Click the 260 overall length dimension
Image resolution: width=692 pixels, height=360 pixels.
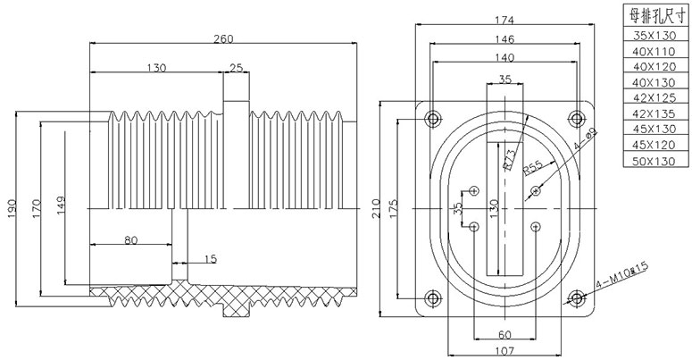(x=223, y=38)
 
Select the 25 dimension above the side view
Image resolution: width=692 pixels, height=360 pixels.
(x=236, y=68)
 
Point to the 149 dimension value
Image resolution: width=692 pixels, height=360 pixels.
(x=57, y=208)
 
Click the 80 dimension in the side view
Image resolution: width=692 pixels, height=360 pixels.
(x=130, y=239)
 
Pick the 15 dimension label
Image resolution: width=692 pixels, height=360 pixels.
(x=210, y=259)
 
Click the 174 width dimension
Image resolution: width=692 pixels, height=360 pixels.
(x=505, y=19)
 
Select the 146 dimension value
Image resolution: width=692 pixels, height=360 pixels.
(x=505, y=39)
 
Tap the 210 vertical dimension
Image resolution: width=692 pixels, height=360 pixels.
(x=376, y=209)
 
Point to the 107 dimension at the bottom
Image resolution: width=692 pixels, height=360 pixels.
(x=505, y=350)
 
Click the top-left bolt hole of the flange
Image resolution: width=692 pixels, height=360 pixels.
(x=433, y=118)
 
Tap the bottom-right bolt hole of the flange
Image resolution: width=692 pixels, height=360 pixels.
(x=577, y=298)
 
